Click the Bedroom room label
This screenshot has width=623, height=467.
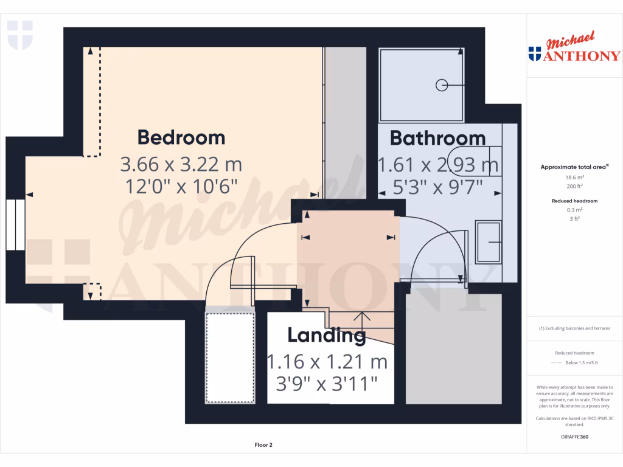point(181,137)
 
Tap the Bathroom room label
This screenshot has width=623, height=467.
point(437,138)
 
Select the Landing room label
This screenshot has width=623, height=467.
point(326,335)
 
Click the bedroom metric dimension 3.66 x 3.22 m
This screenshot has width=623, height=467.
point(181,165)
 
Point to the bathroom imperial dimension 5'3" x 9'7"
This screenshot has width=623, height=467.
point(439,187)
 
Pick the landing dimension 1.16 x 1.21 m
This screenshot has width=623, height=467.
point(327,362)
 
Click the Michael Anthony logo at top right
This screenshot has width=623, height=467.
point(575,49)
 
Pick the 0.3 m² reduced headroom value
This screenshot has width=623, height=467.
point(574,209)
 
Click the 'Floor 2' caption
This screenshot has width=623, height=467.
point(263,445)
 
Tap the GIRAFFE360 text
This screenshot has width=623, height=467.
point(574,437)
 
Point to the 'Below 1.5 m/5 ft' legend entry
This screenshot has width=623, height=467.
point(582,363)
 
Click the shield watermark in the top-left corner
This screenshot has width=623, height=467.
point(19,35)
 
